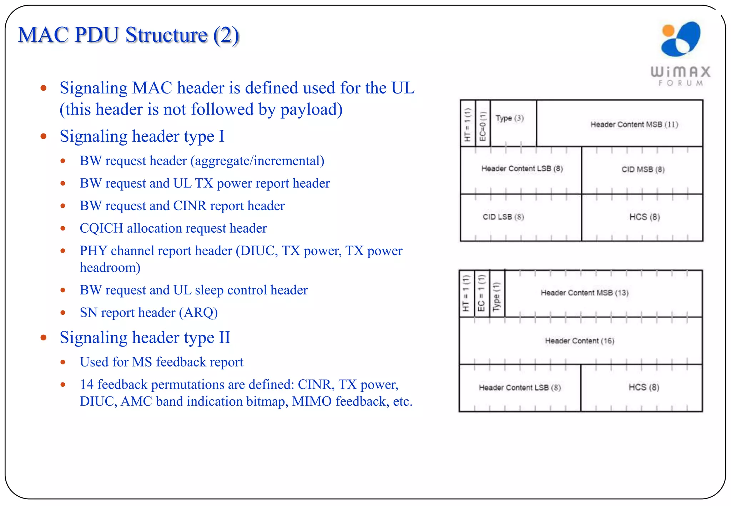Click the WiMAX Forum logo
680,54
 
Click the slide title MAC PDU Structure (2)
128,35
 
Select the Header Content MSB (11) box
634,124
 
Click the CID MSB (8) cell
643,169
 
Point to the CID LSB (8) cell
503,217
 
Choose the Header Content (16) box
580,341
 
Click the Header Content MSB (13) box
585,293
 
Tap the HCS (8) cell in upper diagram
645,217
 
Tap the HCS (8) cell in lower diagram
644,388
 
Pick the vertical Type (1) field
496,296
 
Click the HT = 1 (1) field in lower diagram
466,293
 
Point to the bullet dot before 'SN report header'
63,313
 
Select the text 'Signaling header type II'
145,338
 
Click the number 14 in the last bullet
87,385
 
